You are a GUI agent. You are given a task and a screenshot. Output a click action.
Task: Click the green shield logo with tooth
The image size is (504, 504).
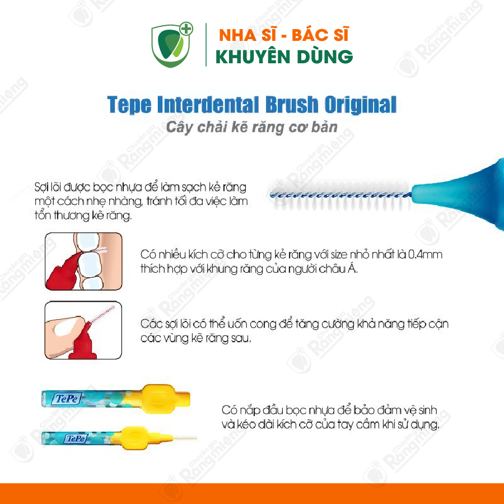pos(172,45)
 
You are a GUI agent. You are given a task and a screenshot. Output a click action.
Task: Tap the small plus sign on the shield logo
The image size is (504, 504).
pos(186,29)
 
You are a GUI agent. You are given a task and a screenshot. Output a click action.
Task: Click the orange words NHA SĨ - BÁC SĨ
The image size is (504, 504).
pos(283,35)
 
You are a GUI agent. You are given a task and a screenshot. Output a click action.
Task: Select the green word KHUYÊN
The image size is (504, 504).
pos(253,56)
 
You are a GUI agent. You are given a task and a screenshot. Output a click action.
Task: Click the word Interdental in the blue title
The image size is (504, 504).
pos(208,105)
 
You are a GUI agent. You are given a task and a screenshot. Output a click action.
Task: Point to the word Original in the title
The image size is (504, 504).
pos(360,105)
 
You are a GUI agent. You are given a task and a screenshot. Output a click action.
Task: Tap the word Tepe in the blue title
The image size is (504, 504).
pos(129,105)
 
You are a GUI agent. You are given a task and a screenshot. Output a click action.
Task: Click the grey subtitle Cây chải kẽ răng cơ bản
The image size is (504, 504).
pos(251,127)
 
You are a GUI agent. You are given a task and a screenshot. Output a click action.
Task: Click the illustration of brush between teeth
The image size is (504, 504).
pos(83,262)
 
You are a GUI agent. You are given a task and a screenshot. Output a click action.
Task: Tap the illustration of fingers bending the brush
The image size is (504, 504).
pos(83,330)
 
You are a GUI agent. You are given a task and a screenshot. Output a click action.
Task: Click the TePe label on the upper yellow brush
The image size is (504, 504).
pos(67,399)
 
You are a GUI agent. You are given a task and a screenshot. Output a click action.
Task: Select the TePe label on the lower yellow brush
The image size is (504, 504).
pos(76,438)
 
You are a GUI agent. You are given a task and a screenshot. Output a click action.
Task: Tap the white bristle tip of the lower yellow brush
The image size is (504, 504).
pos(185,438)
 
